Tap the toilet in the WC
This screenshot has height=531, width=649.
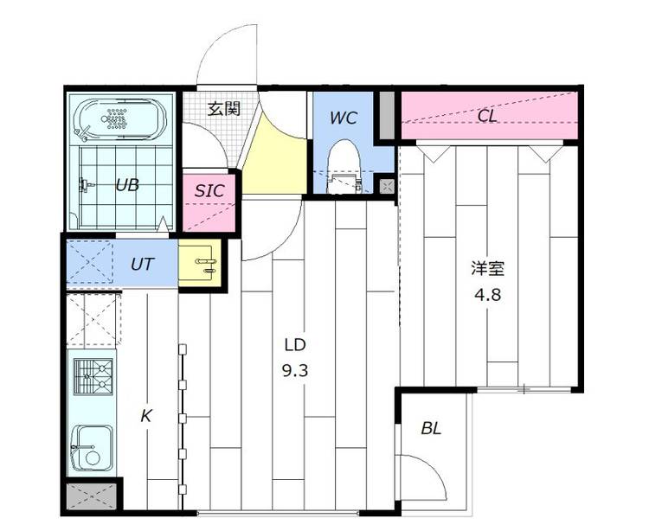344,166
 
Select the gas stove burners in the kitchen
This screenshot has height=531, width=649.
93,376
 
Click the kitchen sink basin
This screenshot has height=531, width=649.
92,448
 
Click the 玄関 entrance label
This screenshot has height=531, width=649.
223,109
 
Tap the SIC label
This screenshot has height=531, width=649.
209,190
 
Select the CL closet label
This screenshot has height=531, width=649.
487,116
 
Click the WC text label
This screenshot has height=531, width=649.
344,118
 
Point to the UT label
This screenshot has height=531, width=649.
143,264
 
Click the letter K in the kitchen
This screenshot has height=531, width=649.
145,416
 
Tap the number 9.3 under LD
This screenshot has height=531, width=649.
295,371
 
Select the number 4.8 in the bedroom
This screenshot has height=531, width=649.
487,295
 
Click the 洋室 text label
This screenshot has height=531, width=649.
487,269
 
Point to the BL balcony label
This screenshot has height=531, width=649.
431,428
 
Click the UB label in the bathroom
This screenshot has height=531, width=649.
127,185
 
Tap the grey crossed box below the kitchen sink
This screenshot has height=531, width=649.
92,496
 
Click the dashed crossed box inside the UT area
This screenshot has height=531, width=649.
90,262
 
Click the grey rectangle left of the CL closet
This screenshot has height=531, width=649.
388,115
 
